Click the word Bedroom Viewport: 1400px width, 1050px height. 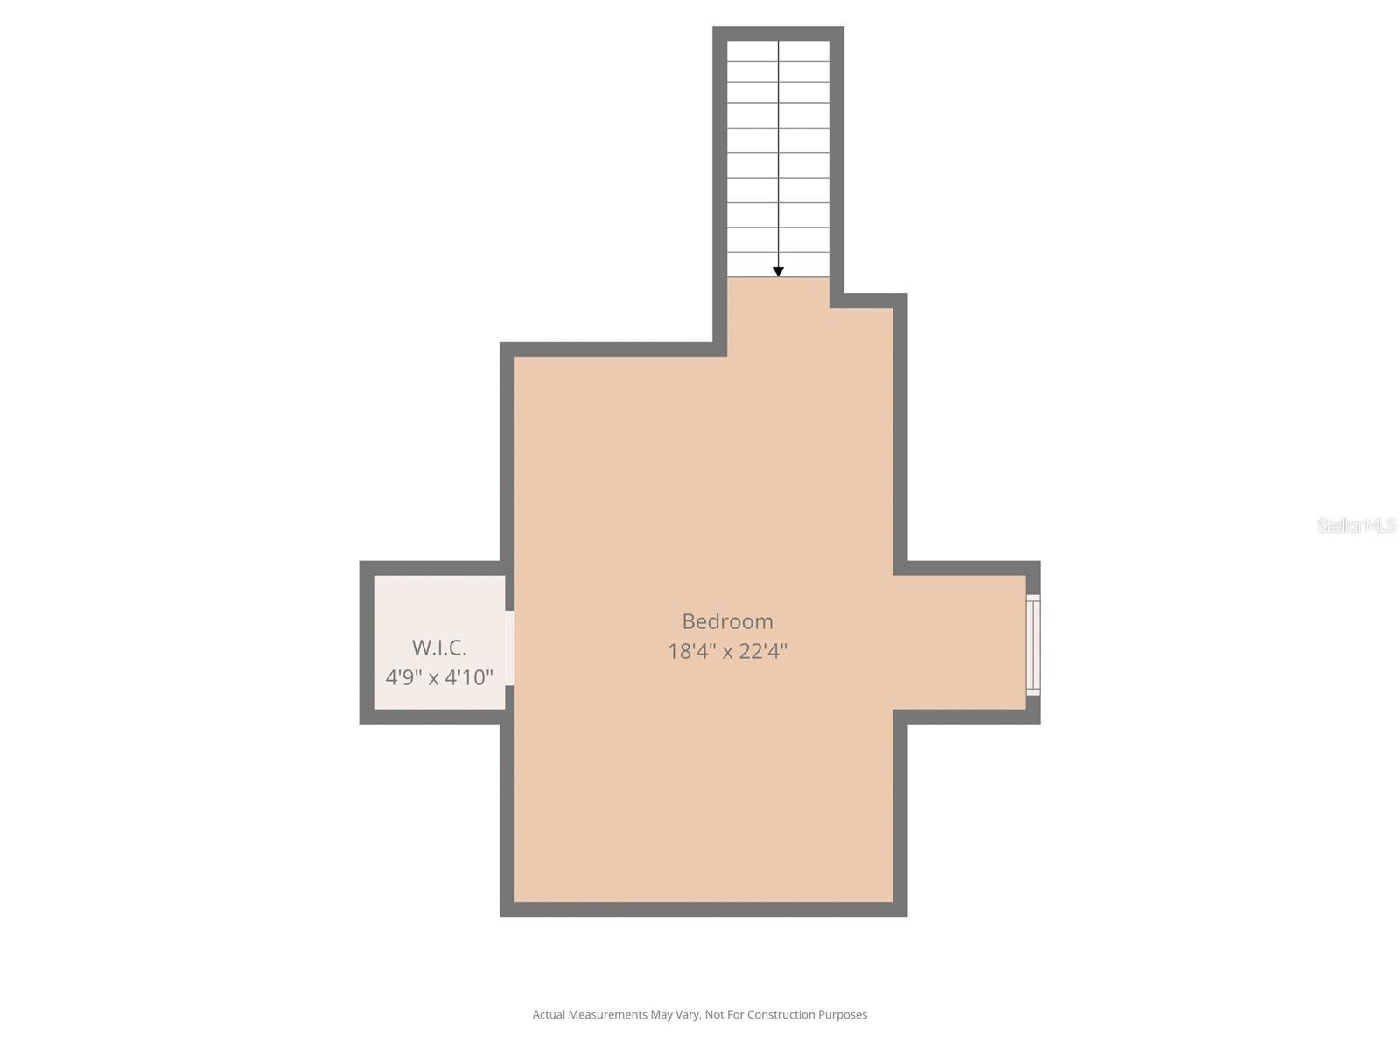click(727, 621)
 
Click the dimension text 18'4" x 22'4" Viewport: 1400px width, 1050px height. click(727, 651)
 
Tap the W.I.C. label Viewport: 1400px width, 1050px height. click(439, 647)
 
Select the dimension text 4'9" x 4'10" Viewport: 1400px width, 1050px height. click(439, 677)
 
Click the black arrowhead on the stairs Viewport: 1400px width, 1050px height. click(778, 272)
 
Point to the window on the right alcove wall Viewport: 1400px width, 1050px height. click(1033, 645)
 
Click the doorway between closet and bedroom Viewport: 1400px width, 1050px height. click(509, 647)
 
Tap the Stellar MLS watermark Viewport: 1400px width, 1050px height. click(1356, 525)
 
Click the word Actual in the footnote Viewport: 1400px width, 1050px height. click(549, 1015)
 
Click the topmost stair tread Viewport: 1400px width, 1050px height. click(778, 51)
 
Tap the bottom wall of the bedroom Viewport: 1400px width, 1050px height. click(703, 909)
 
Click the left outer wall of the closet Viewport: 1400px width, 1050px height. click(367, 642)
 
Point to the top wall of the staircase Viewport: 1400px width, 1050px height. click(778, 33)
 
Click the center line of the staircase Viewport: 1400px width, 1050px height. click(779, 157)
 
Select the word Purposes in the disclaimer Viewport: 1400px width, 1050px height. click(843, 1015)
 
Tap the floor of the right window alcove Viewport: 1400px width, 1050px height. click(962, 642)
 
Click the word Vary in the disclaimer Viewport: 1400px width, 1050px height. click(687, 1015)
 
